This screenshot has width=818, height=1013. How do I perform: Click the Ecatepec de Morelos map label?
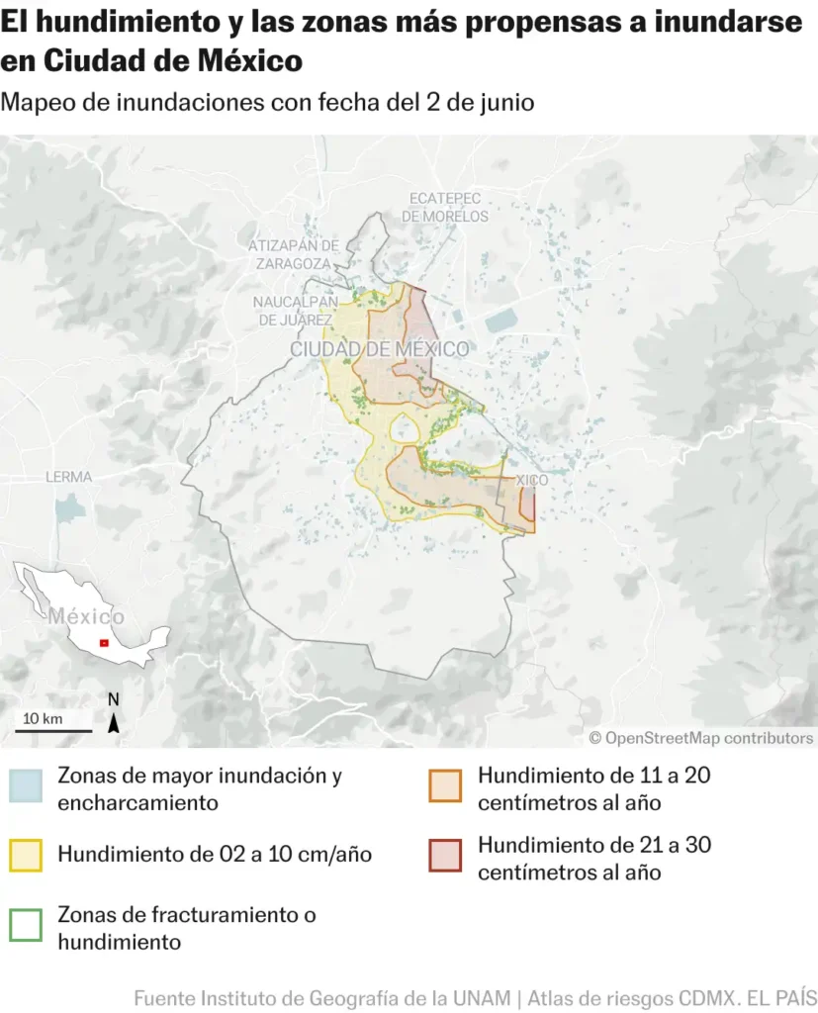coord(445,207)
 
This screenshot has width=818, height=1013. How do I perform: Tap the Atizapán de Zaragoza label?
coord(294,254)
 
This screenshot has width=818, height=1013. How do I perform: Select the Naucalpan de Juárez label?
coord(295,311)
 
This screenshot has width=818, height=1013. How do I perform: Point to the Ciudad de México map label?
coord(379,349)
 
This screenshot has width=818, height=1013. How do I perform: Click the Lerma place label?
coord(68,477)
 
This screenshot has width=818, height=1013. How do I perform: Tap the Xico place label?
coord(532,480)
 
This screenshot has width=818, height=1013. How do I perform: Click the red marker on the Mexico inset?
coord(104,643)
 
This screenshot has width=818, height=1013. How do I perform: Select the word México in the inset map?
coord(87,615)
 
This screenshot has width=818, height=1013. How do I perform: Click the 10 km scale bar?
coord(53,730)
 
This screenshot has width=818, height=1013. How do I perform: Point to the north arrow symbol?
coord(114,719)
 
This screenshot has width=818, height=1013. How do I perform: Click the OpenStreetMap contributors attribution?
coord(701,738)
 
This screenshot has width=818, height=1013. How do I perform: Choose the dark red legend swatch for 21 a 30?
coord(445,856)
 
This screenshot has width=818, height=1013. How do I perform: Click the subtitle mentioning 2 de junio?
coord(268,103)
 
